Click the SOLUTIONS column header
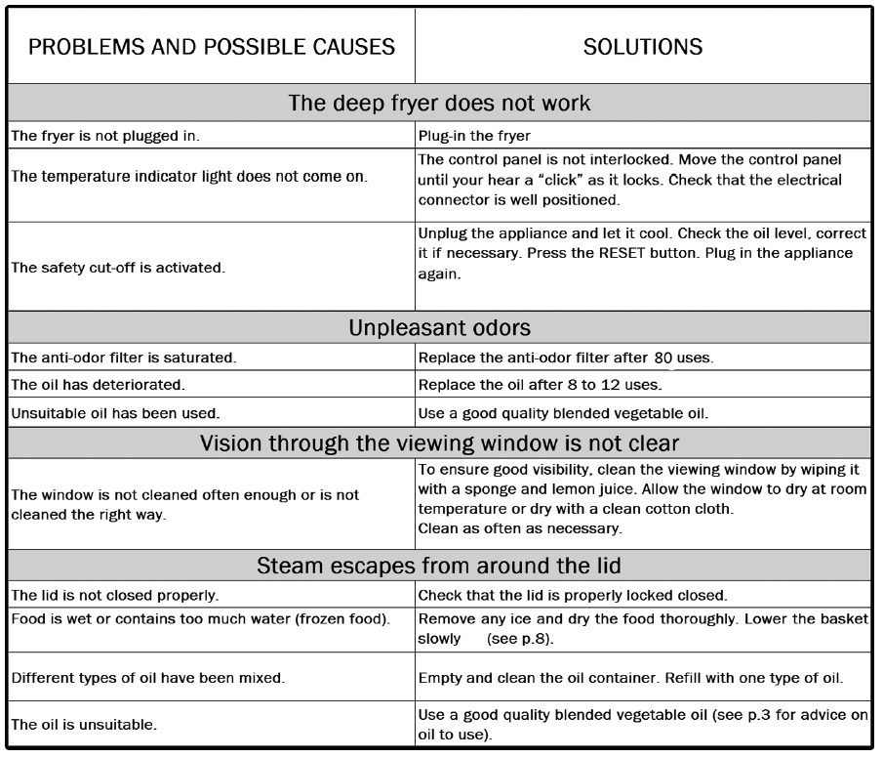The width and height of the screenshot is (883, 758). tap(642, 47)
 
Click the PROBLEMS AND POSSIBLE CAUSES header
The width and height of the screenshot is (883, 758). tap(213, 47)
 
